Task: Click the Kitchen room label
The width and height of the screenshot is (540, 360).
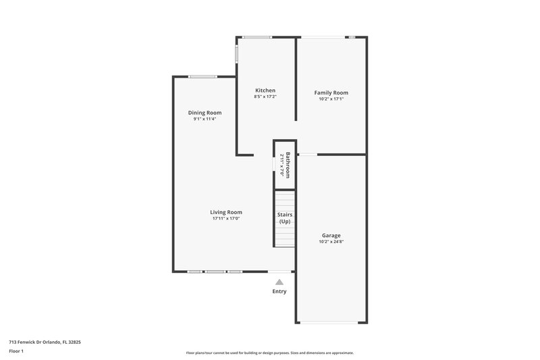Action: coord(265,91)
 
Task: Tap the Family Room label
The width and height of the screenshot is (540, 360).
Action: coord(331,93)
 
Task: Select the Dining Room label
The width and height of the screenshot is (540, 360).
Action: coord(205,113)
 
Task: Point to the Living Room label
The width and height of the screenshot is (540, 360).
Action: coord(225,212)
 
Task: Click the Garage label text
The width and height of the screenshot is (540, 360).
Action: coord(331,235)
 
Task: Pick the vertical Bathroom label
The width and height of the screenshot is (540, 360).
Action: coord(288,164)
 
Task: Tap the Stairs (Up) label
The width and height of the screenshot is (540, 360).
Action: coord(285,217)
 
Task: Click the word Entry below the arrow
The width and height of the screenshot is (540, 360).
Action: coord(279,292)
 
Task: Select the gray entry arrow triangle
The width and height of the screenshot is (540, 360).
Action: coord(279,282)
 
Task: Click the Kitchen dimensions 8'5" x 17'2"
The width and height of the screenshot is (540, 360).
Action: coord(265,97)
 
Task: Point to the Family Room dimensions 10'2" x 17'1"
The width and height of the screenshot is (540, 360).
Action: coord(331,99)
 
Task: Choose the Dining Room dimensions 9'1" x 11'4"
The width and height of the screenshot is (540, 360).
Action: coord(205,119)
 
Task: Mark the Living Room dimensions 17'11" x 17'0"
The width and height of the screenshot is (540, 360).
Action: coord(225,218)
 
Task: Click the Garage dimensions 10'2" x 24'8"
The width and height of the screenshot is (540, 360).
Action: coord(331,241)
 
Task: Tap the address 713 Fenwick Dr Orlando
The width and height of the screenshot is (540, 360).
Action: coord(45,342)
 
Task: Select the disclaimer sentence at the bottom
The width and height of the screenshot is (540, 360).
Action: coord(269,353)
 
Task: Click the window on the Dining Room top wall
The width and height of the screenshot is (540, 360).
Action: coord(202,76)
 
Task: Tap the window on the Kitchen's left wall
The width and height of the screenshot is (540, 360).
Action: coord(236,54)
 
